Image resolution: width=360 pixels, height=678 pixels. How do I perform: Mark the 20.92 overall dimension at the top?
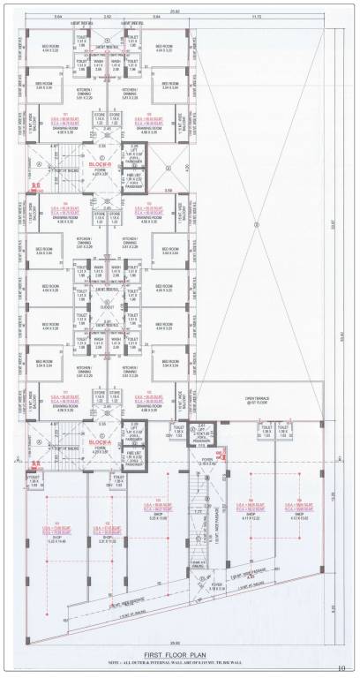coord(176,9)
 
